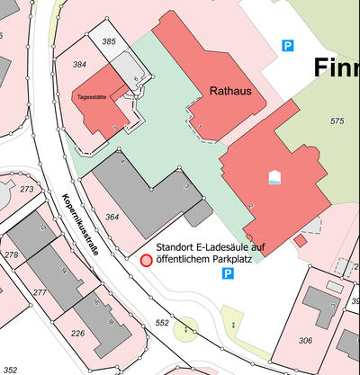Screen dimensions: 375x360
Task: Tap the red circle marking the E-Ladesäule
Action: point(146,261)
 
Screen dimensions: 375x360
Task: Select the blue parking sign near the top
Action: point(288,45)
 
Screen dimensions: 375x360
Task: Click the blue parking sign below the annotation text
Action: point(228,273)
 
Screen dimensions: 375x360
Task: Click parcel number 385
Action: point(110,41)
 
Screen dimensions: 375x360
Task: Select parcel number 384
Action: point(79,64)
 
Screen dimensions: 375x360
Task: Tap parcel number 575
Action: point(337,121)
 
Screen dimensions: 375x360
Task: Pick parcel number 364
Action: point(112,218)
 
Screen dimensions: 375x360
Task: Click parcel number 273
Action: point(26,189)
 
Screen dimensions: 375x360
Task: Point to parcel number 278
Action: point(12,254)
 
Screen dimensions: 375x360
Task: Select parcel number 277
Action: point(40,292)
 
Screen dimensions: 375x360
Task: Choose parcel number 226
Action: point(78,334)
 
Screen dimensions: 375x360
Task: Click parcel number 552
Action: point(162,321)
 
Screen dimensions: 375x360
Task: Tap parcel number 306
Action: point(305,340)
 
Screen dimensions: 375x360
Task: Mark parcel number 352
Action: point(10,369)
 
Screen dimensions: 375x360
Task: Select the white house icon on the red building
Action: point(274,176)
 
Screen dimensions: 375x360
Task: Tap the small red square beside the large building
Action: point(301,240)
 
